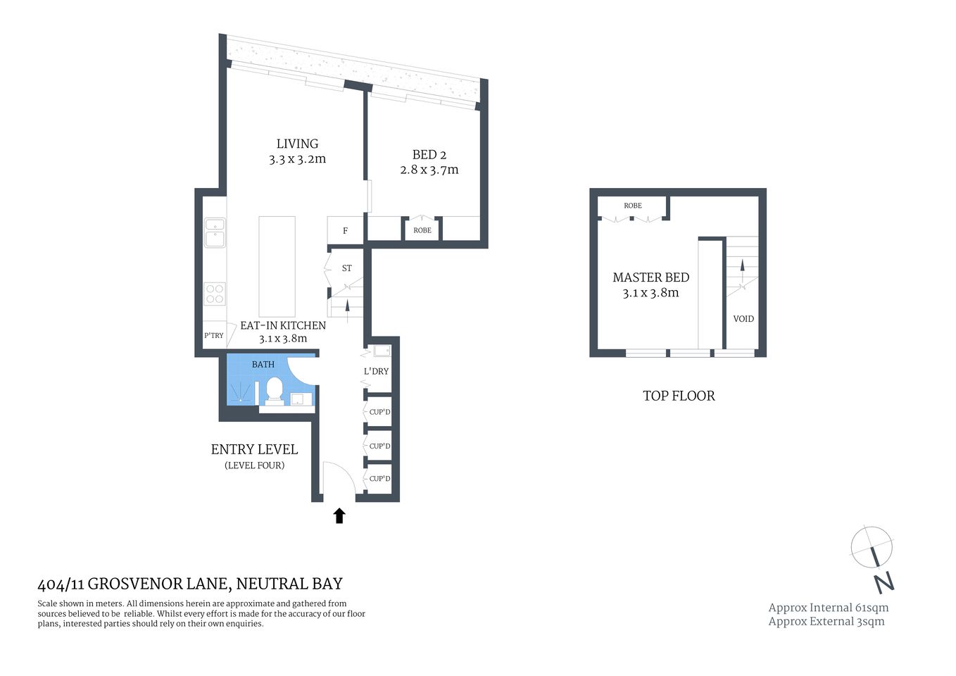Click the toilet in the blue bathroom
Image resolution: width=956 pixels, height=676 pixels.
(274, 390)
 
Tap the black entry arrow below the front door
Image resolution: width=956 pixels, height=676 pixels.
(339, 516)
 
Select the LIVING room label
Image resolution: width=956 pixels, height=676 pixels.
(297, 144)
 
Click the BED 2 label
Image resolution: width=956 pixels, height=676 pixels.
(429, 155)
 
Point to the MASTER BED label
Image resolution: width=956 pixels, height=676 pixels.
(650, 277)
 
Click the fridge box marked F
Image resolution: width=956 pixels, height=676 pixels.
(345, 230)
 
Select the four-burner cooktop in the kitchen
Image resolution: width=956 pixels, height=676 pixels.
(215, 294)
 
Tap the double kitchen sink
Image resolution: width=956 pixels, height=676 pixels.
(215, 232)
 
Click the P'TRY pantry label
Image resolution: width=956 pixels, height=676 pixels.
(214, 336)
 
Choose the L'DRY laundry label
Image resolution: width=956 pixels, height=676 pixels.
(376, 371)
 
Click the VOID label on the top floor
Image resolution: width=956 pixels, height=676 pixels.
(743, 319)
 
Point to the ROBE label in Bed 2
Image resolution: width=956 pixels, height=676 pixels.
(422, 230)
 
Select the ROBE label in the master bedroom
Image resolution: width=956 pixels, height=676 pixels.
(633, 206)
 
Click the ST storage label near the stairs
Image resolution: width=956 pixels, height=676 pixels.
(346, 268)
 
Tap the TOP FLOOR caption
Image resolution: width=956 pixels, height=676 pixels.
(679, 396)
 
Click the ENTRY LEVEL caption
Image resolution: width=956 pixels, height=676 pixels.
(254, 449)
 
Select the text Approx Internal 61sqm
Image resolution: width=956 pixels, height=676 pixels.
(828, 608)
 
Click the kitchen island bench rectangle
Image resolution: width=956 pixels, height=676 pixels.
(277, 266)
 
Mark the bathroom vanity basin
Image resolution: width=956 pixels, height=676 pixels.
(301, 399)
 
